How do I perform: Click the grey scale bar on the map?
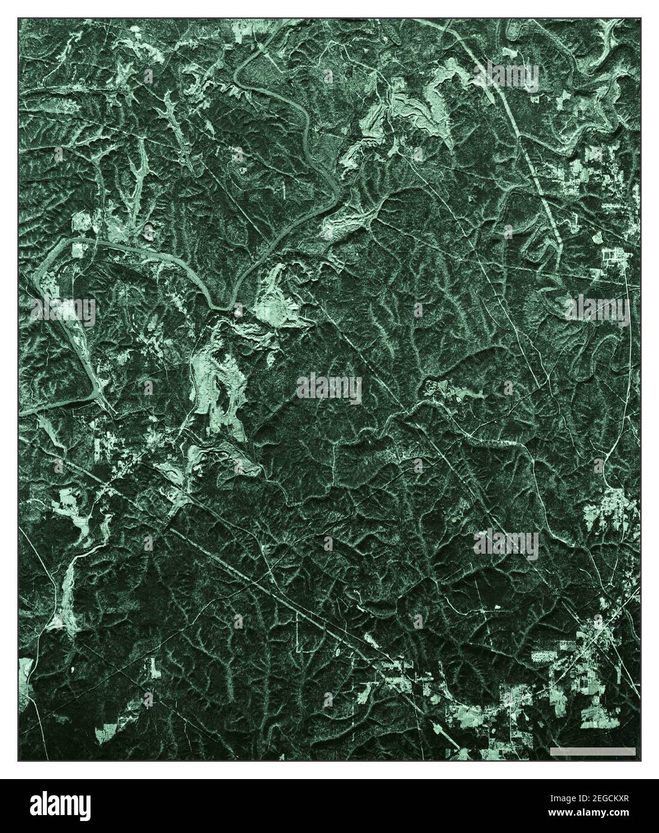[x=592, y=751]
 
